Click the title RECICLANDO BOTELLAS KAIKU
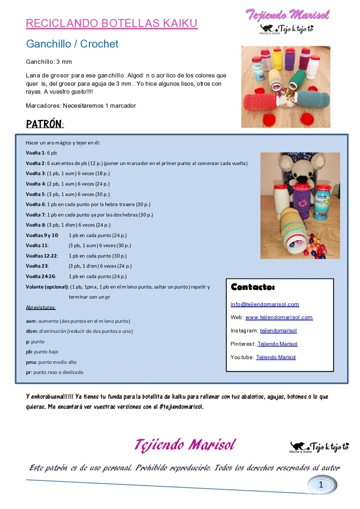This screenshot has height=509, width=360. click(112, 23)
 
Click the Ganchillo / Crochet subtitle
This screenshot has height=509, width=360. click(72, 44)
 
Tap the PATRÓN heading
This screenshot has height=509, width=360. click(44, 124)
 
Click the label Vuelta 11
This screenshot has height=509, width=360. click(37, 246)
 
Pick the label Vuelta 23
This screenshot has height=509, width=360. click(37, 266)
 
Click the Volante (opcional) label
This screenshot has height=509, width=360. click(47, 287)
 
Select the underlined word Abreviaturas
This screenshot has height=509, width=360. click(41, 308)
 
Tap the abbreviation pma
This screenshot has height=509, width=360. click(31, 362)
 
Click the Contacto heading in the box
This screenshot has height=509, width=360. click(253, 287)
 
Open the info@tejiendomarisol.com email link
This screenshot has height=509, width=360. click(265, 304)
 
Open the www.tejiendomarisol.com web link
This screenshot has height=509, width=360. click(279, 317)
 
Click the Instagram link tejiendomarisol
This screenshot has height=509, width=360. click(278, 331)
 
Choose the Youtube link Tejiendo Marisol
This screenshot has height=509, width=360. click(276, 357)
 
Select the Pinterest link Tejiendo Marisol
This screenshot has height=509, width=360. click(277, 344)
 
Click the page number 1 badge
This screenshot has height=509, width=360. click(321, 485)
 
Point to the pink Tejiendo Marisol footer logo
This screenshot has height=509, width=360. click(185, 445)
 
